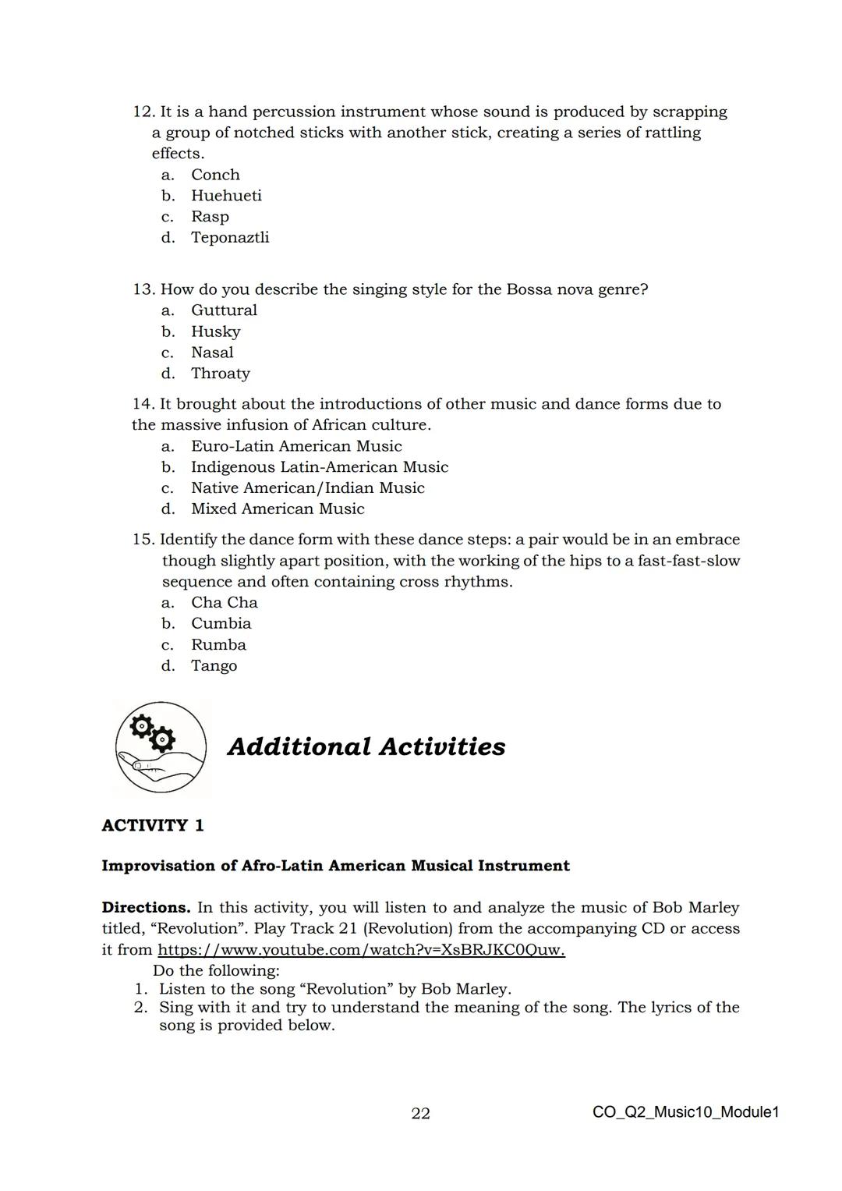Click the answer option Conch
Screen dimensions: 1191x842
(x=215, y=175)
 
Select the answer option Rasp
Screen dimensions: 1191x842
(x=210, y=217)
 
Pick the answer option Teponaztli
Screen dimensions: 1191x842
(x=230, y=237)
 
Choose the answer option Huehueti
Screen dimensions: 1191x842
(x=226, y=196)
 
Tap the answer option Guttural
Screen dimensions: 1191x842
(x=224, y=310)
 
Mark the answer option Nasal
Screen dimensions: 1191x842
(x=212, y=353)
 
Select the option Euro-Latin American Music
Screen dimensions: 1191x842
(x=296, y=446)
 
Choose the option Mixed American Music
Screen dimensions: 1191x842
(x=278, y=509)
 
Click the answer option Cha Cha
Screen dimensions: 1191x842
(x=224, y=603)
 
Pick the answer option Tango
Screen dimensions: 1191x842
(x=214, y=666)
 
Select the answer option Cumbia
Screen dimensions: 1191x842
(x=221, y=624)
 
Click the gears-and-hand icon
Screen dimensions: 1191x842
(x=161, y=746)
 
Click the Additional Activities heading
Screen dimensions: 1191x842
(x=366, y=746)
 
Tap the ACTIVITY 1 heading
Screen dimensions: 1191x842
(x=153, y=825)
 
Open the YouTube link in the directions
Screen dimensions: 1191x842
(x=361, y=950)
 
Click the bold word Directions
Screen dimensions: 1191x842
(x=146, y=908)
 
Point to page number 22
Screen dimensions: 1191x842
(x=420, y=1113)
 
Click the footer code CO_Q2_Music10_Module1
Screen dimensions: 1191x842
(x=685, y=1112)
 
